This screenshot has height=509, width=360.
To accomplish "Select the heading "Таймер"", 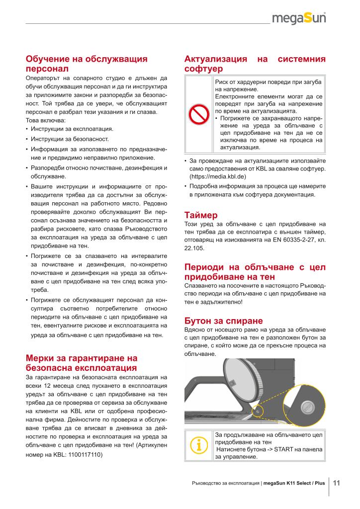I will pos(201,216).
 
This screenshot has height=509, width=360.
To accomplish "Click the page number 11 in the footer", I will pos(336,483).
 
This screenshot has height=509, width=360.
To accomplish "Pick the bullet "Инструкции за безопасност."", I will pos(70,139).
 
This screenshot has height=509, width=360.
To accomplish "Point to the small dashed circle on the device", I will pos(259,411).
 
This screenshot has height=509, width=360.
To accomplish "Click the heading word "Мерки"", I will pos(42,358).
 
